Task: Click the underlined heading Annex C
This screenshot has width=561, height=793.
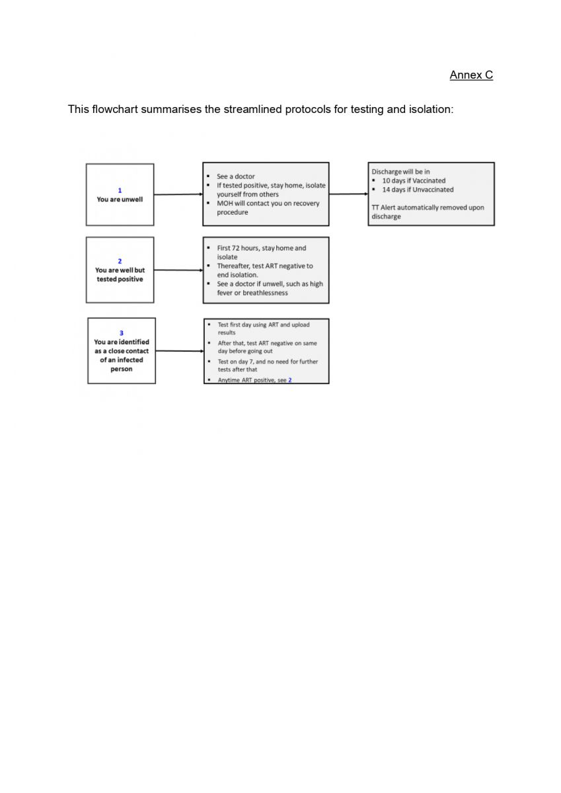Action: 471,75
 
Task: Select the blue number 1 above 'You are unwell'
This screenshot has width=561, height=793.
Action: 120,190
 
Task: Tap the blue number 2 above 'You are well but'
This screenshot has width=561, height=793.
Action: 120,261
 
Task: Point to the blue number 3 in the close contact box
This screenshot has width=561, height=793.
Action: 122,333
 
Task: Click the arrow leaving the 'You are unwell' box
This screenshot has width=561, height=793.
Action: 178,194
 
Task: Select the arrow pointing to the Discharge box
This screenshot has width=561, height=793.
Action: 349,194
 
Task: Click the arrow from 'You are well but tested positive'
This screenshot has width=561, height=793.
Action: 178,270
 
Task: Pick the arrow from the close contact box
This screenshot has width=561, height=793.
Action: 180,351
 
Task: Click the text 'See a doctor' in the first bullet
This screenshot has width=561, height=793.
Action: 236,176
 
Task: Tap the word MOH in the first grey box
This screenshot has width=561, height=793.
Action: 225,204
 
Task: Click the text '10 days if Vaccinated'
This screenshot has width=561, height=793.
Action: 414,180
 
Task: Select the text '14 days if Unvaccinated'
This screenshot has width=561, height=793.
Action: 418,190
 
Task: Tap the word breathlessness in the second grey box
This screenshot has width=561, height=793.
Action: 265,293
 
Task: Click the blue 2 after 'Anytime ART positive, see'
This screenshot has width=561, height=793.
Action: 290,380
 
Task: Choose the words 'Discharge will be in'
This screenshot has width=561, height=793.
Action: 400,172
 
